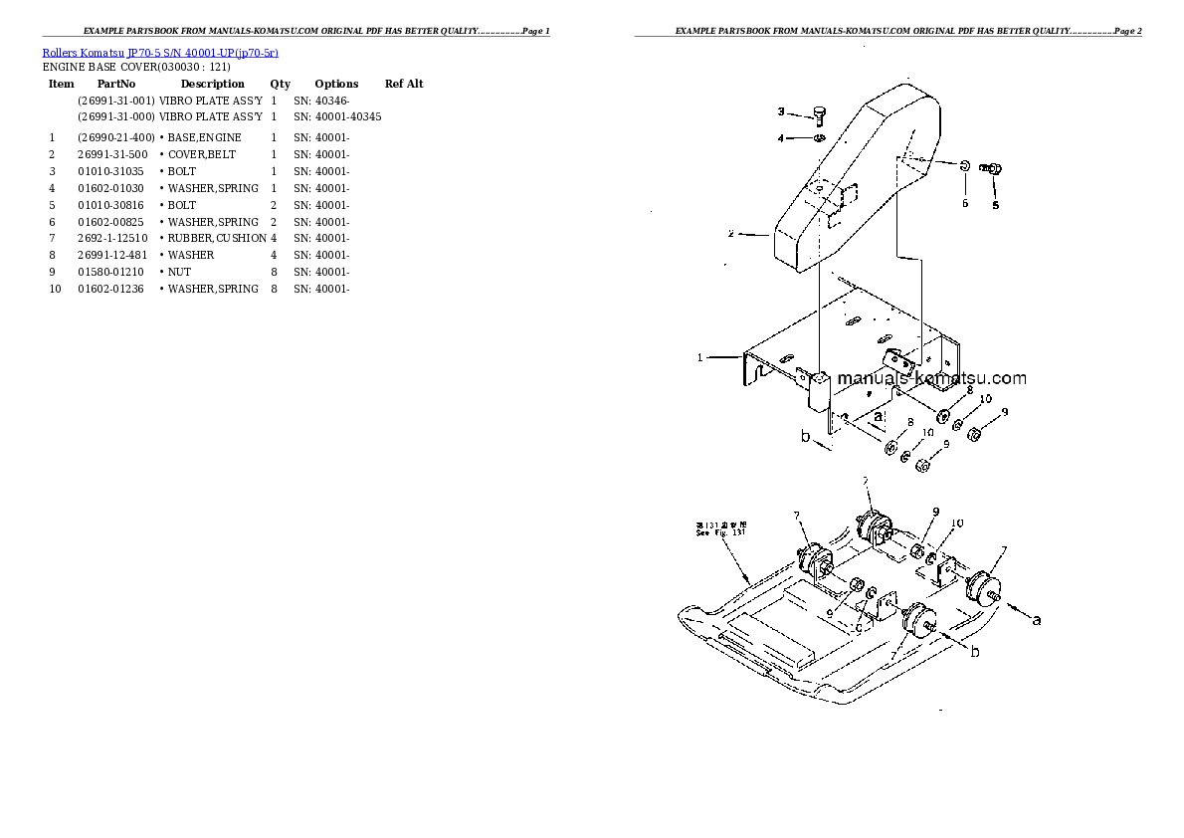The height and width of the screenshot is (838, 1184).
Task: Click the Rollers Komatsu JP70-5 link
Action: click(159, 52)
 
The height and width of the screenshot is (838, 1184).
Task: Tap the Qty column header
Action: click(281, 84)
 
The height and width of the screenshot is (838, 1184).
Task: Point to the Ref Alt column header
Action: click(404, 84)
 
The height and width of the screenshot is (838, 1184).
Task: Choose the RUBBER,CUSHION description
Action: click(216, 238)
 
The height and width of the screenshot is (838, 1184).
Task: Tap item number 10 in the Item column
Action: click(55, 289)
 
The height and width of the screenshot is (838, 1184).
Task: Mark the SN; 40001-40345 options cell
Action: click(337, 116)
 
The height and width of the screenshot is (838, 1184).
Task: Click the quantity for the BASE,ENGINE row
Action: click(274, 136)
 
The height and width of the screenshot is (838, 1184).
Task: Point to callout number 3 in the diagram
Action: click(781, 111)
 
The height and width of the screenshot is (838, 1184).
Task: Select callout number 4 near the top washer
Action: click(781, 138)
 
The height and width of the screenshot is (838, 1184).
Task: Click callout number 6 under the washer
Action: click(964, 203)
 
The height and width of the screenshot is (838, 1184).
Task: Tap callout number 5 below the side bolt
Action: click(995, 206)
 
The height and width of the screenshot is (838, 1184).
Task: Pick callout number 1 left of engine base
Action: click(699, 356)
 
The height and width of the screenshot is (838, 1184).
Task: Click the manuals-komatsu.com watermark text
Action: click(931, 378)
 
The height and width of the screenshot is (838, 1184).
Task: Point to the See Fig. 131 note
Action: click(719, 528)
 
